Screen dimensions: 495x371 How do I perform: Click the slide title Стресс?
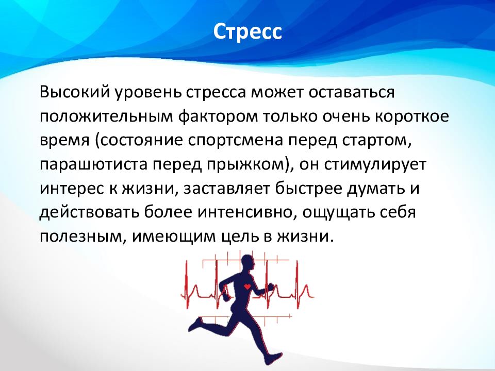click(x=247, y=31)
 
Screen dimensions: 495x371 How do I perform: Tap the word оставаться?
click(x=352, y=92)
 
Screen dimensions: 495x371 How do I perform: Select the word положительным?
click(x=106, y=116)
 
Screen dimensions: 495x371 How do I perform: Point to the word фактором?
click(x=218, y=116)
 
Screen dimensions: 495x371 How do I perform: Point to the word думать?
click(x=374, y=189)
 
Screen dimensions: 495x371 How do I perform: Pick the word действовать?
click(x=89, y=212)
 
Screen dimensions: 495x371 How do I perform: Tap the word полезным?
click(x=81, y=237)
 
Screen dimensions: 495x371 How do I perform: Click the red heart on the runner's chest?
click(x=247, y=286)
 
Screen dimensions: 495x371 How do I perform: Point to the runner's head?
click(x=248, y=263)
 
